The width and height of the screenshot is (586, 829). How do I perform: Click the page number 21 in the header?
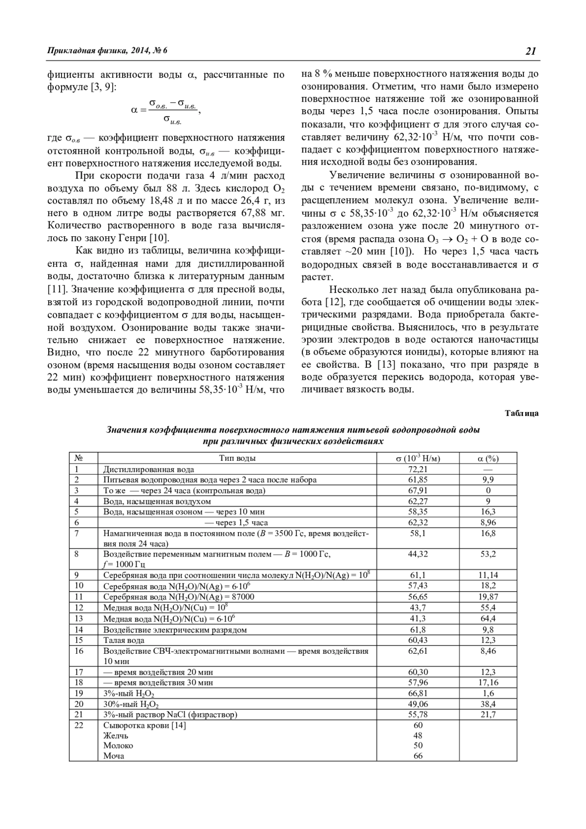[531, 51]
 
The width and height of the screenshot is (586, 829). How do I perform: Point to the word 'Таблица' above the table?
[522, 414]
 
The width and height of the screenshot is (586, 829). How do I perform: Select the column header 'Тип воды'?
[237, 458]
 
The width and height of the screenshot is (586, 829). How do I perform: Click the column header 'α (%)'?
[488, 458]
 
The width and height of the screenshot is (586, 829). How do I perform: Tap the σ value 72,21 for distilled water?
[418, 469]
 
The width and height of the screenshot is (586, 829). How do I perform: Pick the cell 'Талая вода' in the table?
[124, 640]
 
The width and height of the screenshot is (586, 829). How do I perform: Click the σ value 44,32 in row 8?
[418, 554]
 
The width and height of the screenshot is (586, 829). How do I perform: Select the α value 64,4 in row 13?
[488, 619]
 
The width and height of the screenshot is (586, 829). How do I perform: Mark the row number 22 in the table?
[79, 725]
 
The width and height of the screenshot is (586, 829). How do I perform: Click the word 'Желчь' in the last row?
[116, 735]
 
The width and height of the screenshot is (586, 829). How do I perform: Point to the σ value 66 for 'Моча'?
[418, 756]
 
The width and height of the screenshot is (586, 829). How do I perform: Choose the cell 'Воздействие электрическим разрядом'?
[175, 630]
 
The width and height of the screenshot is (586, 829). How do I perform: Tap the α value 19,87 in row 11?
[488, 597]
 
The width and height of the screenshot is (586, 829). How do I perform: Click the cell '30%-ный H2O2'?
[131, 704]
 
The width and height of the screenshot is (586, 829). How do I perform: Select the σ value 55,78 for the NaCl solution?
[418, 714]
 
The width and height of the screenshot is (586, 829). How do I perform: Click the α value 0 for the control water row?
[488, 490]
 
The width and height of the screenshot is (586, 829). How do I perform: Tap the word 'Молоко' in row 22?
[118, 746]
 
